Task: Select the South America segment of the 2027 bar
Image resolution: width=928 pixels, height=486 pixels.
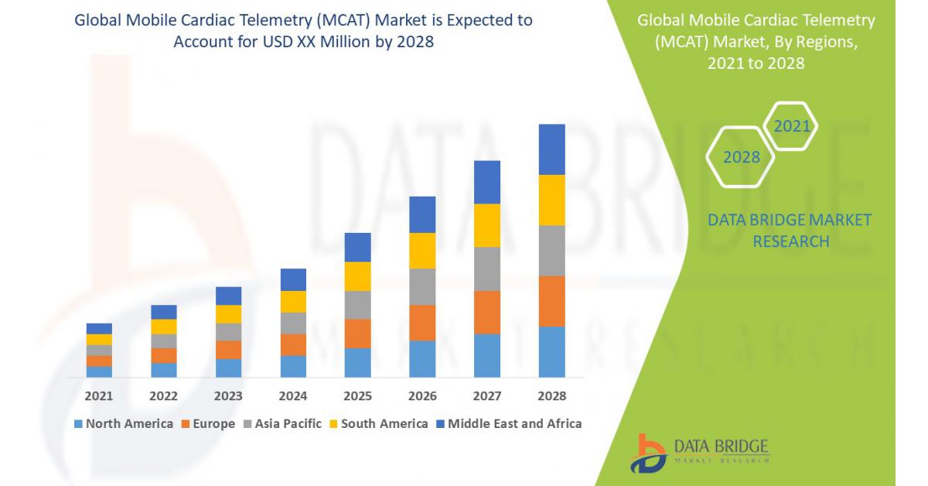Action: pyautogui.click(x=487, y=225)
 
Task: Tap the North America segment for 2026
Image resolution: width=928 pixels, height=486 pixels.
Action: pyautogui.click(x=422, y=358)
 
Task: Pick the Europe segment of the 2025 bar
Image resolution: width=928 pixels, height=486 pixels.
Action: pyautogui.click(x=357, y=334)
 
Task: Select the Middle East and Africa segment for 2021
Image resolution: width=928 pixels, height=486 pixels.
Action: pyautogui.click(x=99, y=328)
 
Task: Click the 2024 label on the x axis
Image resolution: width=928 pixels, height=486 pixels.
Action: pyautogui.click(x=293, y=396)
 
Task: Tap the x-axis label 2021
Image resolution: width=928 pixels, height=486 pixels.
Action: pyautogui.click(x=99, y=396)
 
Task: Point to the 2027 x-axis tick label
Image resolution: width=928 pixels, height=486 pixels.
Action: pyautogui.click(x=487, y=396)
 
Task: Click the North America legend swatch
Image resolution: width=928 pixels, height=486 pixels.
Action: pyautogui.click(x=78, y=424)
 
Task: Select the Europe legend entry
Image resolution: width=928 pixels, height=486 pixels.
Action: pyautogui.click(x=208, y=424)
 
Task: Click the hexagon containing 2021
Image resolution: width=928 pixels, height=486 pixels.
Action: pyautogui.click(x=791, y=126)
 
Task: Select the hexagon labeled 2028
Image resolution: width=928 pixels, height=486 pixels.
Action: pyautogui.click(x=741, y=157)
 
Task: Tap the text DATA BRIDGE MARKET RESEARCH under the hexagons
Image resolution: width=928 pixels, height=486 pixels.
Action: pyautogui.click(x=790, y=231)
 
